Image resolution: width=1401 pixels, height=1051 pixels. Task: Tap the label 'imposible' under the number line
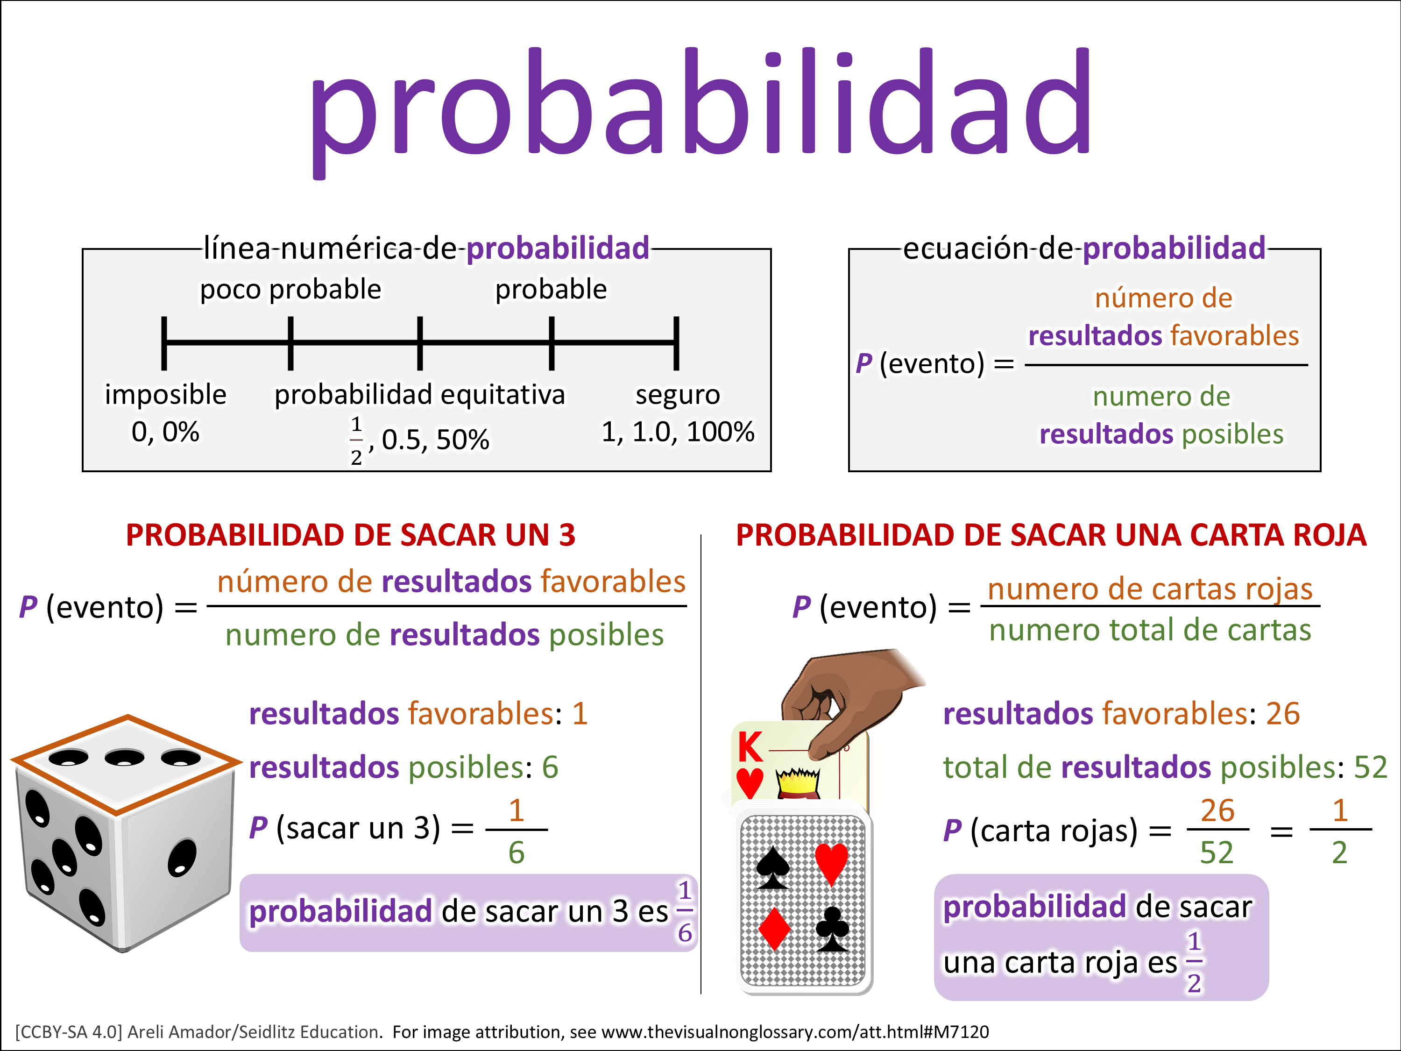coord(165,394)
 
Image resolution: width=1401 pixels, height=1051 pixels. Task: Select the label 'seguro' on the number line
coord(678,395)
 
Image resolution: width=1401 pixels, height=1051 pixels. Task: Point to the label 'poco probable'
coord(291,290)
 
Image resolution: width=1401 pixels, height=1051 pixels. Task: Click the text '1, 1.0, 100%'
coord(678,432)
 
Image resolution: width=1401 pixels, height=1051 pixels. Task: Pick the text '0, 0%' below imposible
coord(165,432)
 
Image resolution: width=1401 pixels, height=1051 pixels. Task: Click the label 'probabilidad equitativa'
coord(419,395)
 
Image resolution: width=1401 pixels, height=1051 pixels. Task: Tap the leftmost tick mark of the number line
coord(164,343)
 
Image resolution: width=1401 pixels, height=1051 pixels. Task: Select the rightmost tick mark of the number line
coord(676,343)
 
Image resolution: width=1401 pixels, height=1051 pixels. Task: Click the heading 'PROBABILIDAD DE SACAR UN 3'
coord(350,535)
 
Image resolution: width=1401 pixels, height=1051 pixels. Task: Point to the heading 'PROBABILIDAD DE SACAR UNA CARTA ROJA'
coord(1051,535)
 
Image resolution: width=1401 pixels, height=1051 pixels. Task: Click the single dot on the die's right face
coord(182,858)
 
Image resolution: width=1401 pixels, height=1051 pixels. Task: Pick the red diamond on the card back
coord(774,929)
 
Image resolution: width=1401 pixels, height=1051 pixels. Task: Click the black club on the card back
coord(832,929)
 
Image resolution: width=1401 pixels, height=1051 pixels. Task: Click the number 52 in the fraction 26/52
coord(1217,852)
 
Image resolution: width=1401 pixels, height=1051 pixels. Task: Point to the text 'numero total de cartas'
coord(1150,630)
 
